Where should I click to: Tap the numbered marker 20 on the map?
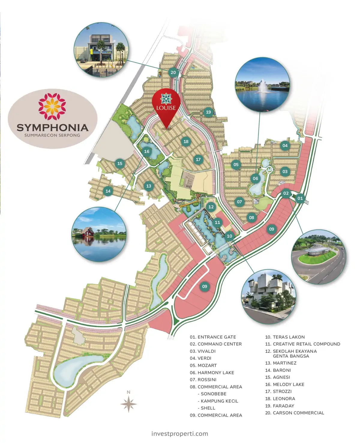click(173, 72)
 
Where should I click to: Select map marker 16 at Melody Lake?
click(147, 151)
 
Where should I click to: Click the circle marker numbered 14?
click(108, 191)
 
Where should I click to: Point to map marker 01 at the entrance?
click(300, 198)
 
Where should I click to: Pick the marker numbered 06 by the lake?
click(255, 178)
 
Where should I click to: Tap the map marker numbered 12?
click(211, 207)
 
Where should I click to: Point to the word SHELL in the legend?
click(208, 408)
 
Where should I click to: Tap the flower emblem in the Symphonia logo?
click(52, 106)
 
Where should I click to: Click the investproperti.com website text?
click(180, 433)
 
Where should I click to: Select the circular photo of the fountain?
click(262, 85)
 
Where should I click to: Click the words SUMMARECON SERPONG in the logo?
click(52, 135)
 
